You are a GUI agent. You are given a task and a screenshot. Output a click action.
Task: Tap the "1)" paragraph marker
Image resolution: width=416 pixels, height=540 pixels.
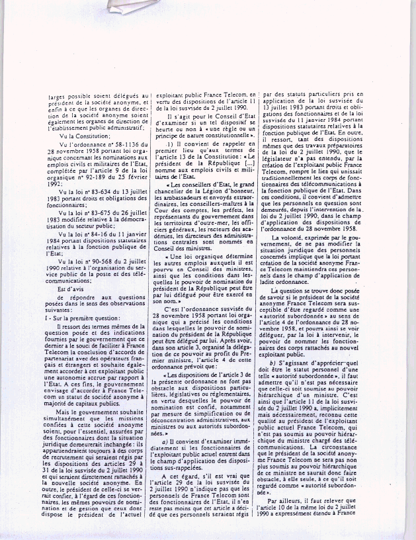(170, 144)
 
